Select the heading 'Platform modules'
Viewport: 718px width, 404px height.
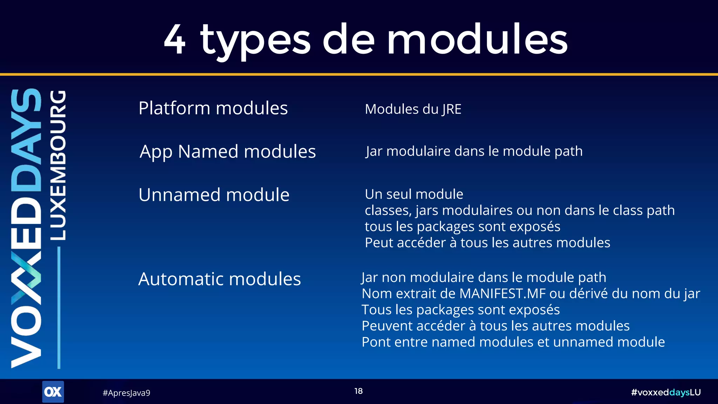213,108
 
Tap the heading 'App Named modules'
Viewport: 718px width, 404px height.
228,151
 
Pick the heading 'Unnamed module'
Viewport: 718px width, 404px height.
214,195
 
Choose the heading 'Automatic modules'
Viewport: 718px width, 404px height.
219,279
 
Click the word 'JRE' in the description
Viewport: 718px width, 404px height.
452,109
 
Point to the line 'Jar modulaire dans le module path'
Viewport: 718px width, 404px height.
474,151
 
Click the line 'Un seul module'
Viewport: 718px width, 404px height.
414,194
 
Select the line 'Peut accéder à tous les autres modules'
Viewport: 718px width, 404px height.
487,243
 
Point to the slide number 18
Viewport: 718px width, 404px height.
358,391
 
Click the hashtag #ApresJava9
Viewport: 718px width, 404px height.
126,393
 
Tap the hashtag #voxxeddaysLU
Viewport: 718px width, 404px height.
665,392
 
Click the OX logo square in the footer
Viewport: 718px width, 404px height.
53,392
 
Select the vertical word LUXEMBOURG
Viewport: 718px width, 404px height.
58,165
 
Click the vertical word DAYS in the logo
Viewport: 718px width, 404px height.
26,140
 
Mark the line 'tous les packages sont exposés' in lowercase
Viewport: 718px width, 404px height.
462,227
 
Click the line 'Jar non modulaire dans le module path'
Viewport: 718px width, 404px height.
484,277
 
